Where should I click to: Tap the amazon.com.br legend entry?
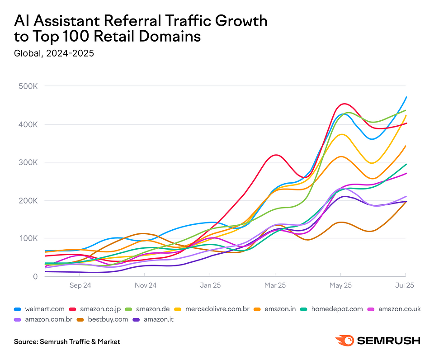click(45, 320)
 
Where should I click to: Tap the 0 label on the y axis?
click(35, 276)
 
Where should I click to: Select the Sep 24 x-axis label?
click(80, 285)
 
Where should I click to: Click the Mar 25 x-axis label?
click(275, 285)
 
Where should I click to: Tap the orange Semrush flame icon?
click(344, 341)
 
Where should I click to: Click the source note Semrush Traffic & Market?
click(67, 342)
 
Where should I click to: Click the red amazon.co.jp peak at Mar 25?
click(275, 155)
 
